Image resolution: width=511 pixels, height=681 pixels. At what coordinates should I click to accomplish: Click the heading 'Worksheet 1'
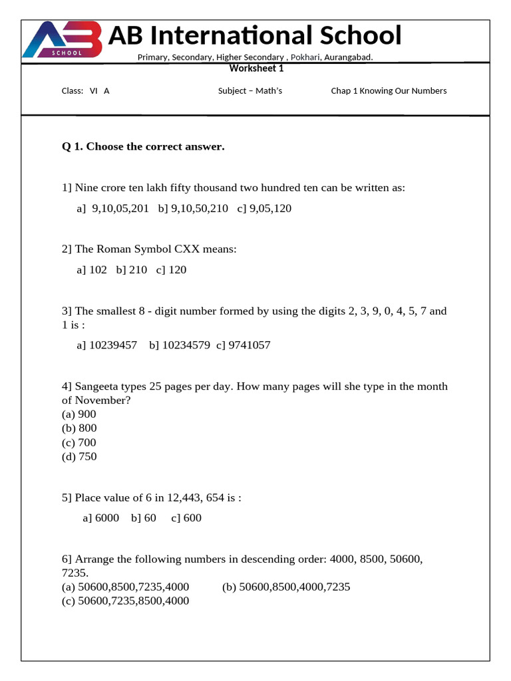(x=256, y=68)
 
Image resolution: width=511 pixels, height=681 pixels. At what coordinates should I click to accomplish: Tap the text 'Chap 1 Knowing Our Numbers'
(x=389, y=91)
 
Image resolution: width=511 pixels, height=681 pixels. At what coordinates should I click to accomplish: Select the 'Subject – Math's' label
(x=250, y=91)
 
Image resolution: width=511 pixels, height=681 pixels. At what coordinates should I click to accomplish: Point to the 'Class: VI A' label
(x=85, y=91)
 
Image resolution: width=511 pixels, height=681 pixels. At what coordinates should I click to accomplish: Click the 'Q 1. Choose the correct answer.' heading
(x=143, y=146)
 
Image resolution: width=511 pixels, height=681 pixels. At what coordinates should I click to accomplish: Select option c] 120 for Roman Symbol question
(x=171, y=270)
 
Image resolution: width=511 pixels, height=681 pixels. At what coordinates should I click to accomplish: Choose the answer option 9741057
(x=244, y=345)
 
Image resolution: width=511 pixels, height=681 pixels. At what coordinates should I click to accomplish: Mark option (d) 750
(x=79, y=457)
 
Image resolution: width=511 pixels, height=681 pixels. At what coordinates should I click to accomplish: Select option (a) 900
(x=79, y=414)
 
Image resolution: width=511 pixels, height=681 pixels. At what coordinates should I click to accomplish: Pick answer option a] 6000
(x=101, y=518)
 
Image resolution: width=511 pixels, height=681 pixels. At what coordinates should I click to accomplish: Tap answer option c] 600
(x=186, y=518)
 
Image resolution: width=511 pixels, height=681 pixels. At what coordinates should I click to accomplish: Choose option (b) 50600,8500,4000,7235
(x=286, y=587)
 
